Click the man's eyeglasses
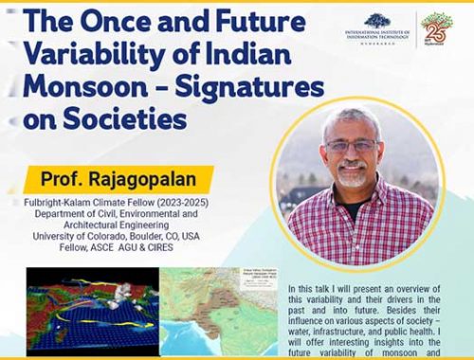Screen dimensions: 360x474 (351, 146)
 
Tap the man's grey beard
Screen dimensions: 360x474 (353, 177)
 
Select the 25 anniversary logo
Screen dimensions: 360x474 (436, 28)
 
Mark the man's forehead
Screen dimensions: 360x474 (348, 125)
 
